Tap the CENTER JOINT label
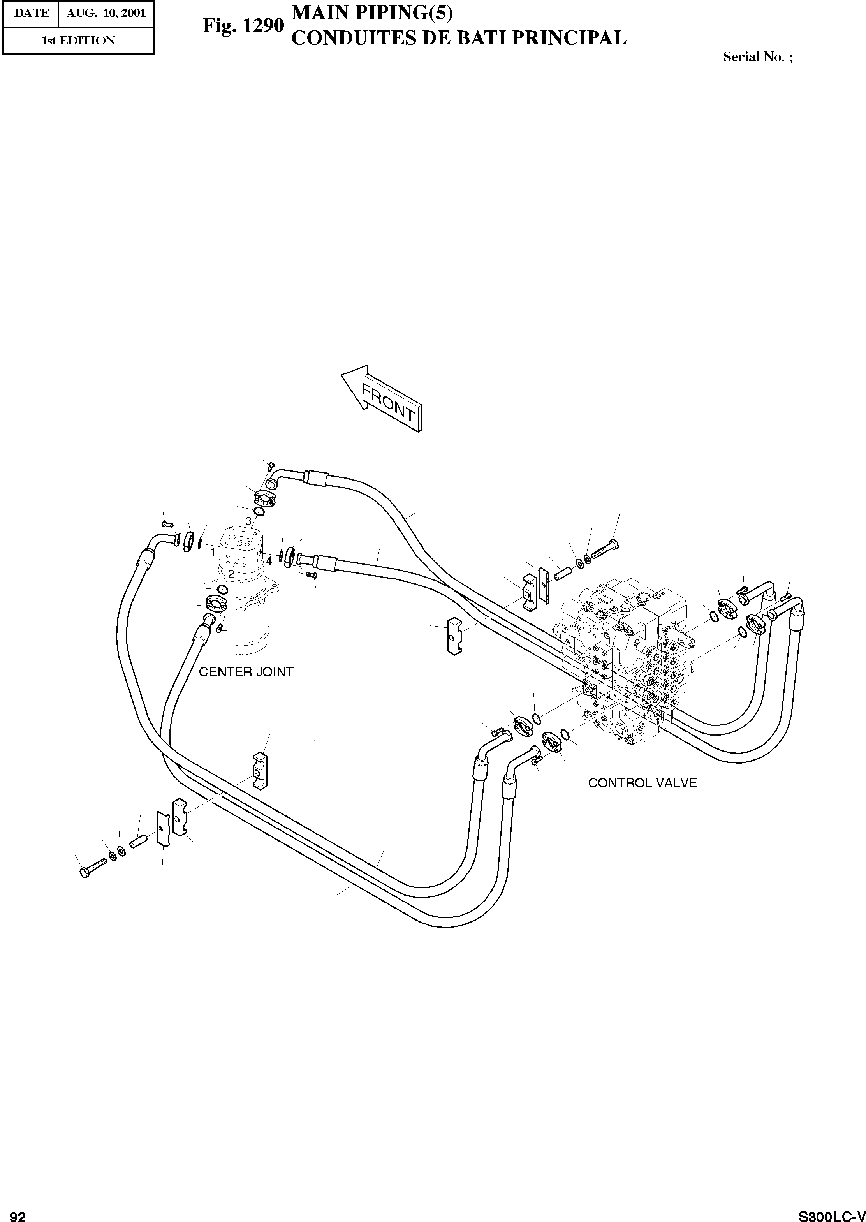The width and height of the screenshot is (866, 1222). click(246, 672)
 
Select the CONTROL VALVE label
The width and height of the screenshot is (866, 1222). click(642, 783)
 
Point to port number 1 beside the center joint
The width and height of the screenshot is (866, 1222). click(212, 552)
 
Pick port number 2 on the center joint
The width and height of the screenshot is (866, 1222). click(231, 574)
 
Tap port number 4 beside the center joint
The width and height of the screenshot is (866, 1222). click(269, 561)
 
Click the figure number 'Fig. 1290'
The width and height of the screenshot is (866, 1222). click(243, 25)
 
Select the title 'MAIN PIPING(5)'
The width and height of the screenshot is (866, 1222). click(372, 13)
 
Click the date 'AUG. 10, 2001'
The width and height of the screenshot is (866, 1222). click(106, 13)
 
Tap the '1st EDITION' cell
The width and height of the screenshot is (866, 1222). click(78, 40)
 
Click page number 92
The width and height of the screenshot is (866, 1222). click(18, 1212)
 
